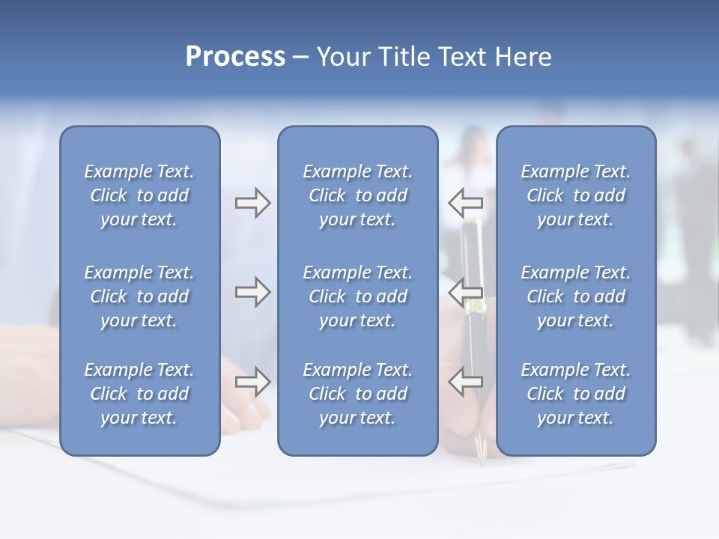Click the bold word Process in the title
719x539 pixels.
point(235,57)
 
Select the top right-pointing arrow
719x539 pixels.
point(252,202)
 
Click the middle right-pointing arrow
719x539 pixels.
point(252,291)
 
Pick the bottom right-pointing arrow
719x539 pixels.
point(252,381)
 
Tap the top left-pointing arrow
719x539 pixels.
point(465,202)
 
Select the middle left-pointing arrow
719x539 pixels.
point(465,291)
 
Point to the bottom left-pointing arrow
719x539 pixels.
point(465,381)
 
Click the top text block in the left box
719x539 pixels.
point(139,195)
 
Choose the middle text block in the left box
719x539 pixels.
point(139,296)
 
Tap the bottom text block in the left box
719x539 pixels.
point(139,394)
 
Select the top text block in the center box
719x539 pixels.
point(357,195)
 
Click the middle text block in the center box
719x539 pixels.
point(357,296)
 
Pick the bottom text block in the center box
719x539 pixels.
point(357,394)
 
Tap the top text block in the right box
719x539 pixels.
point(575,195)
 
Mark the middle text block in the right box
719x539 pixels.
point(575,296)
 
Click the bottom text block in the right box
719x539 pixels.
point(575,394)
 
